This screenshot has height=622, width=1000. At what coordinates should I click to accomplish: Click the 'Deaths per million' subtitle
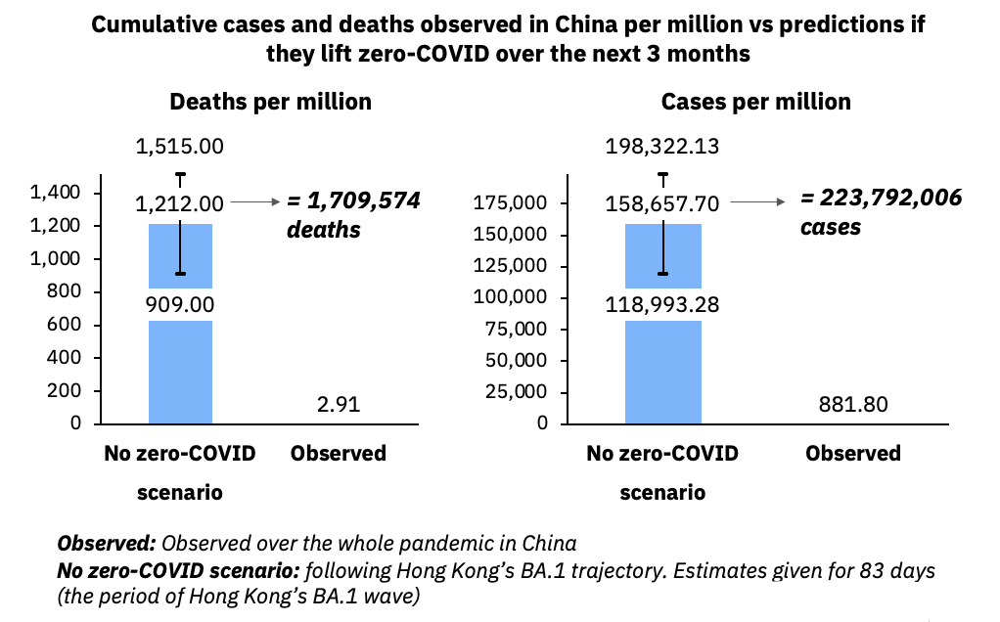(x=270, y=102)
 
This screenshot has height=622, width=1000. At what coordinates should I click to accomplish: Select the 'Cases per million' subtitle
(x=755, y=102)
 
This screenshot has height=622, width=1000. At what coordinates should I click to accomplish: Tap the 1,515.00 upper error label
(x=180, y=147)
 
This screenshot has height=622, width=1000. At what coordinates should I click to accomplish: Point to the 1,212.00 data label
(x=180, y=203)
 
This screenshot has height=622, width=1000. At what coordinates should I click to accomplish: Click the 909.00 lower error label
(x=180, y=304)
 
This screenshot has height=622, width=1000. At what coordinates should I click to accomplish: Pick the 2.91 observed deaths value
(x=339, y=404)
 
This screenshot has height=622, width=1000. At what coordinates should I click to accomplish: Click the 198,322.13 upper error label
(x=663, y=147)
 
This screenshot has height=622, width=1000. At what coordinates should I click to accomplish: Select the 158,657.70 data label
(x=663, y=203)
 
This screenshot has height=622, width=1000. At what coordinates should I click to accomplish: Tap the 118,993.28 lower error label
(x=663, y=304)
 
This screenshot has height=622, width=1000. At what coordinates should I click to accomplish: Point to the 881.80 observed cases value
(x=853, y=404)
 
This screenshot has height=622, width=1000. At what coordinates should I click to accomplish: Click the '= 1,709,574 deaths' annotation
(x=352, y=215)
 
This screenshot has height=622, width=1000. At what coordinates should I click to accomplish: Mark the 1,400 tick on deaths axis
(x=55, y=193)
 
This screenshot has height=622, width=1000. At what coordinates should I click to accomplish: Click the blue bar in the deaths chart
(x=180, y=372)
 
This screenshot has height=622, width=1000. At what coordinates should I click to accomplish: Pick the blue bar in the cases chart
(x=663, y=372)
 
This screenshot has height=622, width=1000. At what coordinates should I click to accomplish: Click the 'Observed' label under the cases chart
(x=853, y=454)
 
